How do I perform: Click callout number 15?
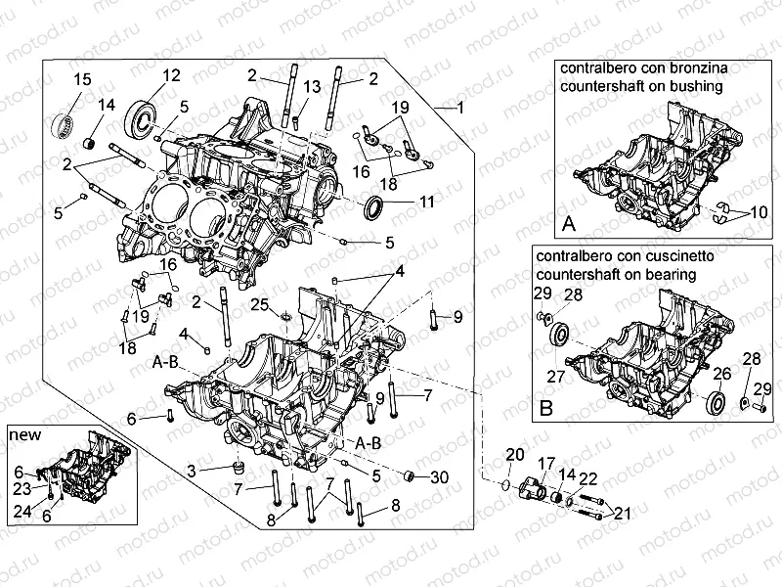(x=82, y=79)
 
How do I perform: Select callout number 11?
(x=426, y=203)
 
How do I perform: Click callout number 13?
(x=311, y=87)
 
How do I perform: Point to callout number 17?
(x=545, y=463)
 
